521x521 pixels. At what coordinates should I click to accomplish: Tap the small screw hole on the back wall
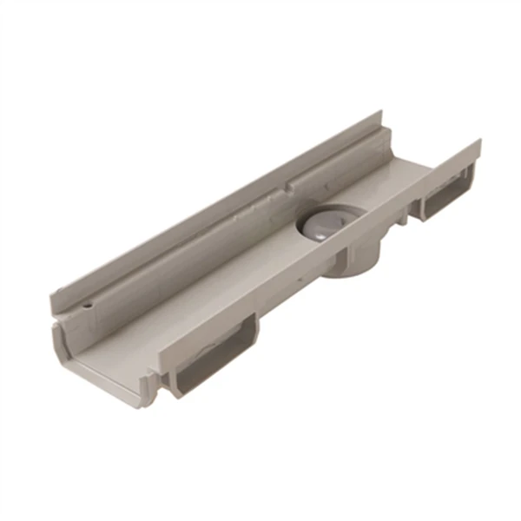click(x=88, y=307)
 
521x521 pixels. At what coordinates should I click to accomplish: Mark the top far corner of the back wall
click(x=381, y=113)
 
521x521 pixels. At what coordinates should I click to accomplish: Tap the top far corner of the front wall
click(x=479, y=141)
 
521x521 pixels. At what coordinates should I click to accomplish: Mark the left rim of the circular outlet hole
click(x=300, y=228)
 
